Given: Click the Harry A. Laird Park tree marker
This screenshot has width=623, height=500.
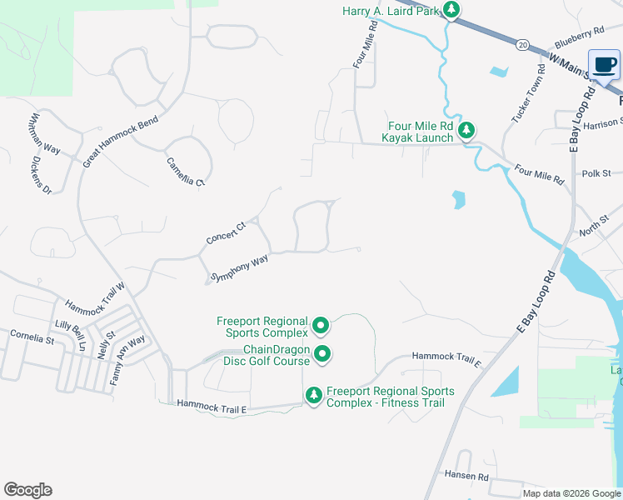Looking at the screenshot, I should [451, 10].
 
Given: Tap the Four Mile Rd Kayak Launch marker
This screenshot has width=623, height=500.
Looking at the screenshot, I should [467, 130].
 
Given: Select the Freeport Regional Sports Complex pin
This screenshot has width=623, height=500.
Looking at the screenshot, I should [321, 325].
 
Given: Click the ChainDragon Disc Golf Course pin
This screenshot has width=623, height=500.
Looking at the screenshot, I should [322, 354].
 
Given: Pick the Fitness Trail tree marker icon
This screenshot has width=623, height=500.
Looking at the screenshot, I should [314, 396].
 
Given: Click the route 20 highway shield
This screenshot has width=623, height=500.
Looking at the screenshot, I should [521, 43].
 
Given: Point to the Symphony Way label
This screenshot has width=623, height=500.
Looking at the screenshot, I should [240, 268].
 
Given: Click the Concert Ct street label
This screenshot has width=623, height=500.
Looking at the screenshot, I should [227, 232].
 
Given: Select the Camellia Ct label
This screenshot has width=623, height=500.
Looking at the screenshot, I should [185, 172].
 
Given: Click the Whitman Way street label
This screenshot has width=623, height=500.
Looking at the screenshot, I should [46, 134].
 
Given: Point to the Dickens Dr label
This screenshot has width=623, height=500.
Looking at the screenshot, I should [36, 172].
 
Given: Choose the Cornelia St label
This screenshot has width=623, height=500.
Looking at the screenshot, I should [32, 338].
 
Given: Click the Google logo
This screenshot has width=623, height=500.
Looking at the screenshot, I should [27, 490].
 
